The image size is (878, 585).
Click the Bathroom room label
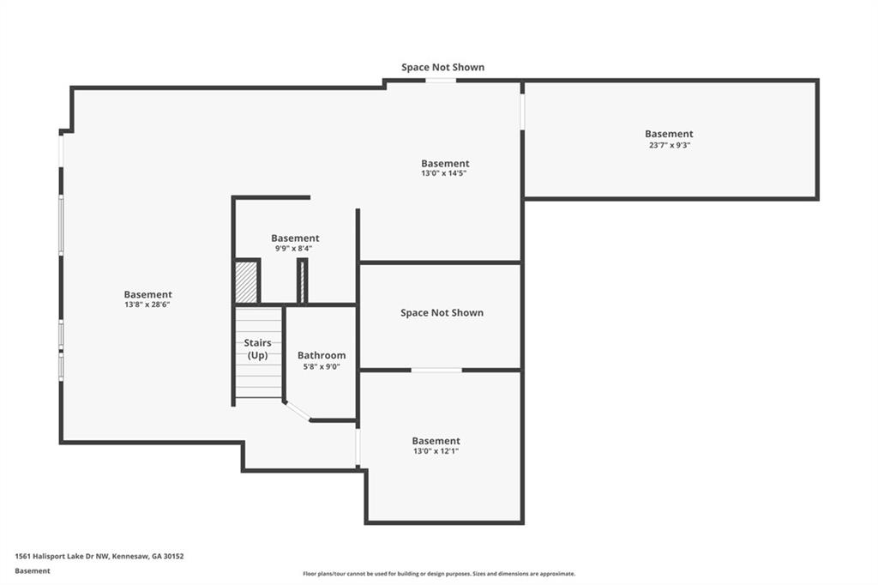coord(322,355)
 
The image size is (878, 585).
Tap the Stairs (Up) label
coord(257,349)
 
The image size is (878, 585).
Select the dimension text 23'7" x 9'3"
coord(670,145)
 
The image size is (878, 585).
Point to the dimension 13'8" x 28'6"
coord(147,305)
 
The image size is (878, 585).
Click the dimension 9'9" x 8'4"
coord(293,248)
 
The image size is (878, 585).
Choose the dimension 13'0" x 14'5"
coord(444,174)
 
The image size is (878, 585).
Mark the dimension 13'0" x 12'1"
coord(436,451)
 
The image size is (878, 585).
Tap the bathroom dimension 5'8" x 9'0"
coord(322,367)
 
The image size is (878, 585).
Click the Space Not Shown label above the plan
coord(443,67)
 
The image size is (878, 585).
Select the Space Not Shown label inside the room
coord(442,313)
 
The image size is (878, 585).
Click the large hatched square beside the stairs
coord(246,282)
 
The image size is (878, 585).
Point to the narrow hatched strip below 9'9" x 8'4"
coord(303,282)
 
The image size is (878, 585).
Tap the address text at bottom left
coord(99,557)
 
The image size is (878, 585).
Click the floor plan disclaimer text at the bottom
coord(439,574)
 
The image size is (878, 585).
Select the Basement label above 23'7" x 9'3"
coord(669,134)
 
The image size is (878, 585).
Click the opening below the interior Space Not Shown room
coord(436,370)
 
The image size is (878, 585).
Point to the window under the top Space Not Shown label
coord(441,81)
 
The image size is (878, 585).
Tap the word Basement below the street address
coord(33,571)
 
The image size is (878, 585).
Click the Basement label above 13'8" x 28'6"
coord(147,295)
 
